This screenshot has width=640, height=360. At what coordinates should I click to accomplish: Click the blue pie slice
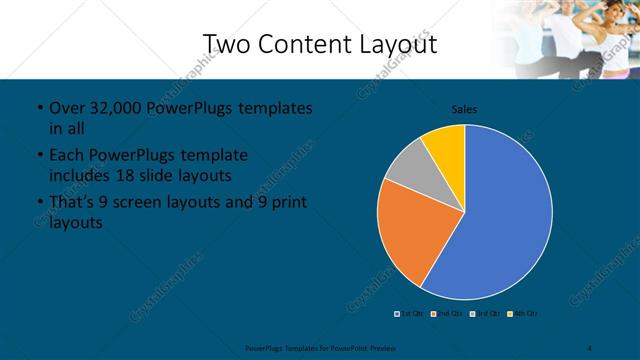click(505, 215)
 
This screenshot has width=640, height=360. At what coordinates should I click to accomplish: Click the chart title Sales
click(464, 108)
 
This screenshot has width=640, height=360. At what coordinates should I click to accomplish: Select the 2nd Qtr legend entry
click(444, 313)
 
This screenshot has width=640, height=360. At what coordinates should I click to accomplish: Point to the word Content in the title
click(313, 44)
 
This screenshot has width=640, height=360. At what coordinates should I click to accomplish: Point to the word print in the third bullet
click(287, 203)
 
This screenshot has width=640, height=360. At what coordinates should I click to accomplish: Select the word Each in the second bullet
click(66, 156)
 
